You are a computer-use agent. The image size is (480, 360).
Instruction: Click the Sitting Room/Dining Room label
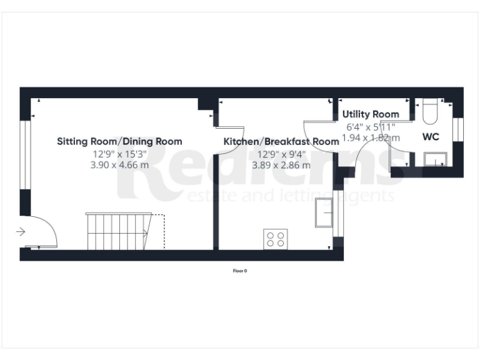tap(119, 141)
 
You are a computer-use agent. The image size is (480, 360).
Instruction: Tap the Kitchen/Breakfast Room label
tap(281, 141)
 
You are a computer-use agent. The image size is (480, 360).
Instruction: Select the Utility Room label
tap(371, 114)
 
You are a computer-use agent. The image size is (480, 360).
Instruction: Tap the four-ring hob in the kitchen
tap(276, 238)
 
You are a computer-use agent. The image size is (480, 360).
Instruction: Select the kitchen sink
tap(326, 212)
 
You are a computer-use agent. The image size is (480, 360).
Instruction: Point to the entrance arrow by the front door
tap(21, 232)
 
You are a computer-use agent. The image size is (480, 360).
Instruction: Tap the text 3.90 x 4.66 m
tap(119, 165)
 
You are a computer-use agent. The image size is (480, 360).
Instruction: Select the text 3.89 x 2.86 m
tap(281, 165)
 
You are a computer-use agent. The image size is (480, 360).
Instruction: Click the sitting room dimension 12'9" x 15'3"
tap(119, 154)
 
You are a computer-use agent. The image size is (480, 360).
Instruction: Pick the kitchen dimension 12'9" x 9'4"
tap(281, 154)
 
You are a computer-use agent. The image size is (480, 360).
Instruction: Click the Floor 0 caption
tap(240, 271)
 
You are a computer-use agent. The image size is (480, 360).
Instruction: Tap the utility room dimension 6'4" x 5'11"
tap(371, 126)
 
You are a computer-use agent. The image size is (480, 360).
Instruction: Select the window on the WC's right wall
tap(457, 129)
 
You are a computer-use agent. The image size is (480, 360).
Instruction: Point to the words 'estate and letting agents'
tap(291, 196)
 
